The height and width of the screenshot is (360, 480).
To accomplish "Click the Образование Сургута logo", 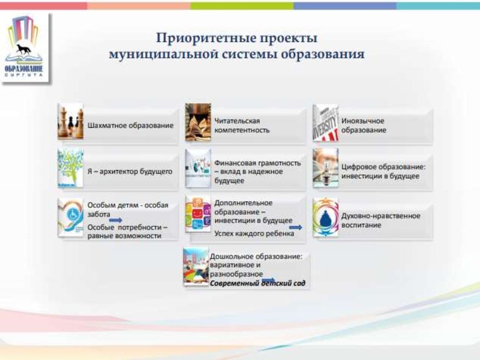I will (25, 48).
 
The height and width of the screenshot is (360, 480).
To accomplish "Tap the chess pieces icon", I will (70, 125).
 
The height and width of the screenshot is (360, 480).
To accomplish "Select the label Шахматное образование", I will (130, 126).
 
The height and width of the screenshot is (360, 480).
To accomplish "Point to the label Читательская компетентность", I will (242, 125).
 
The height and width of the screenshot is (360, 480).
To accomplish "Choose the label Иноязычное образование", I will (364, 125).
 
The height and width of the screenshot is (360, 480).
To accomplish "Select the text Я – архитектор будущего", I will (130, 171).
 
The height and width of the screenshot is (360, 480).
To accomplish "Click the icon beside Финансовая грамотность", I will (197, 170).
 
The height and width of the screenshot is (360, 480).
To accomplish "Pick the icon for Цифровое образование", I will (325, 169).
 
